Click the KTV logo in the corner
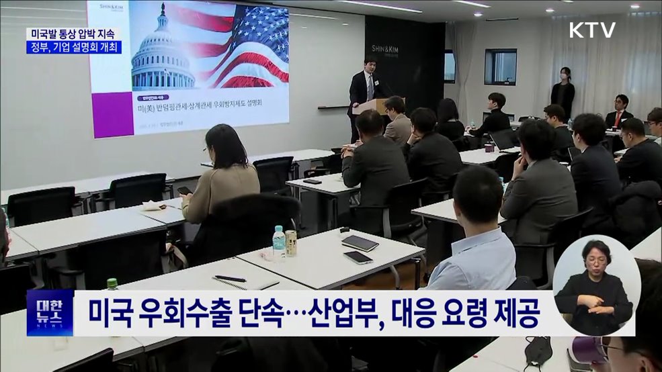592,30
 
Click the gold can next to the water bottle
291,242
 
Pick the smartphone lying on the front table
358,257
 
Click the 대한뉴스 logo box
50,312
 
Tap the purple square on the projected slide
112,114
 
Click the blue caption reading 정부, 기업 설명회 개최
74,48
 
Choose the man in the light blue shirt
477,235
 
